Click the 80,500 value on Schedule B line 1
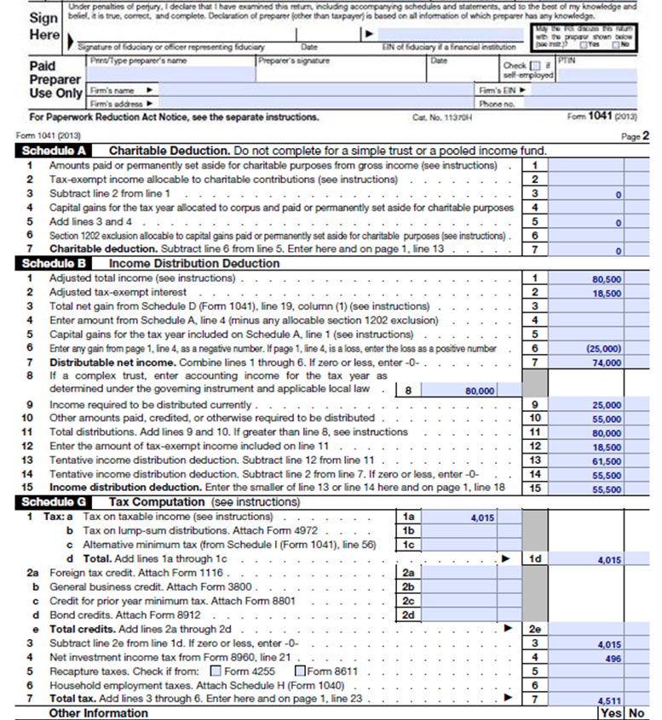click(x=607, y=278)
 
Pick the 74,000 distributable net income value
click(x=607, y=362)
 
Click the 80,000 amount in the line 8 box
click(x=481, y=391)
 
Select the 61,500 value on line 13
click(x=607, y=460)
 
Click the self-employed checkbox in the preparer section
click(x=534, y=66)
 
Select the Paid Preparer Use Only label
click(x=55, y=79)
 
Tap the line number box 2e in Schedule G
click(x=534, y=629)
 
